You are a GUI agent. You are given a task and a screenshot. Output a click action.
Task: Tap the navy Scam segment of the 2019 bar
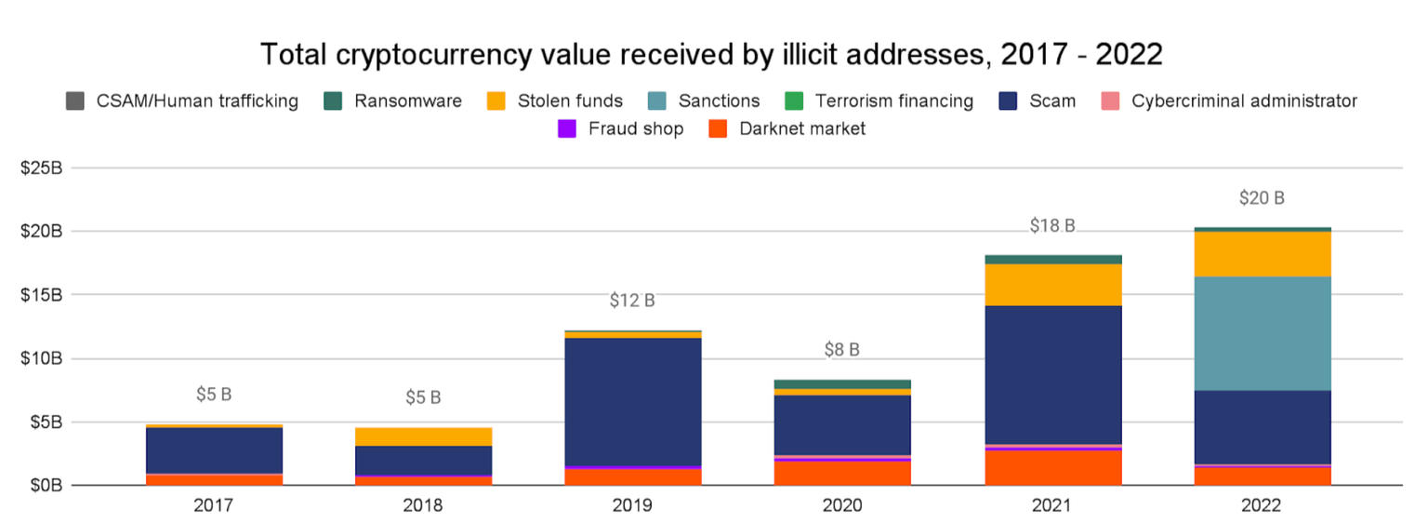click(632, 401)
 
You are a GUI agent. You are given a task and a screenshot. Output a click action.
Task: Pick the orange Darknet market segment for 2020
click(841, 473)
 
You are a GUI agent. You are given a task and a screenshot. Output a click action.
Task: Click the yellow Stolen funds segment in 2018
click(423, 436)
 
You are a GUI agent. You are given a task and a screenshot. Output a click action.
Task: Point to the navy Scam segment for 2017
click(214, 450)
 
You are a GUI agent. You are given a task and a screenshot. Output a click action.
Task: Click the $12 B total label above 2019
click(632, 301)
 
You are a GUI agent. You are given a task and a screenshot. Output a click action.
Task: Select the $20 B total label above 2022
click(1262, 198)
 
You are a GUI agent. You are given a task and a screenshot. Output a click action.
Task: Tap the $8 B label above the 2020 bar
click(841, 350)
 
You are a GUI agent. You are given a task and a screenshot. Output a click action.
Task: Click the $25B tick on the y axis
click(43, 168)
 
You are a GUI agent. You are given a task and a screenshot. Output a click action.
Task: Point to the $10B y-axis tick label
click(43, 358)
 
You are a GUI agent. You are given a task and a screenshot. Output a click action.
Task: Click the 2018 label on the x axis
click(423, 506)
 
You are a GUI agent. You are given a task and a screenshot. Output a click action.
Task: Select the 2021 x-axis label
click(1051, 506)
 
